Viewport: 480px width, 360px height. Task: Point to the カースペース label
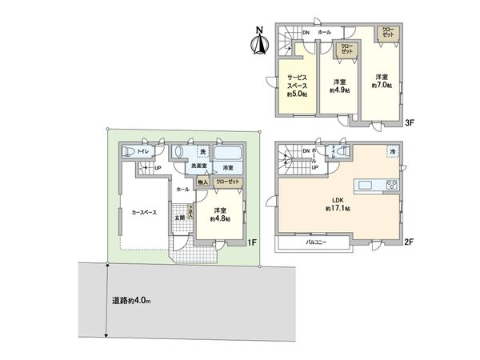pos(144,213)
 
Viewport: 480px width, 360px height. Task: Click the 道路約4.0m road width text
pos(130,301)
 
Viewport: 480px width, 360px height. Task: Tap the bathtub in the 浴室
pos(230,153)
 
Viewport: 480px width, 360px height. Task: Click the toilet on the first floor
pos(127,151)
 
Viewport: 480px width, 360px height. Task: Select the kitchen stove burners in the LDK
pos(392,186)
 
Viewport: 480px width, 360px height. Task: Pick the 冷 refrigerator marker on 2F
pos(393,150)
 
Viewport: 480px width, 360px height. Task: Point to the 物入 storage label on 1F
pos(202,182)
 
